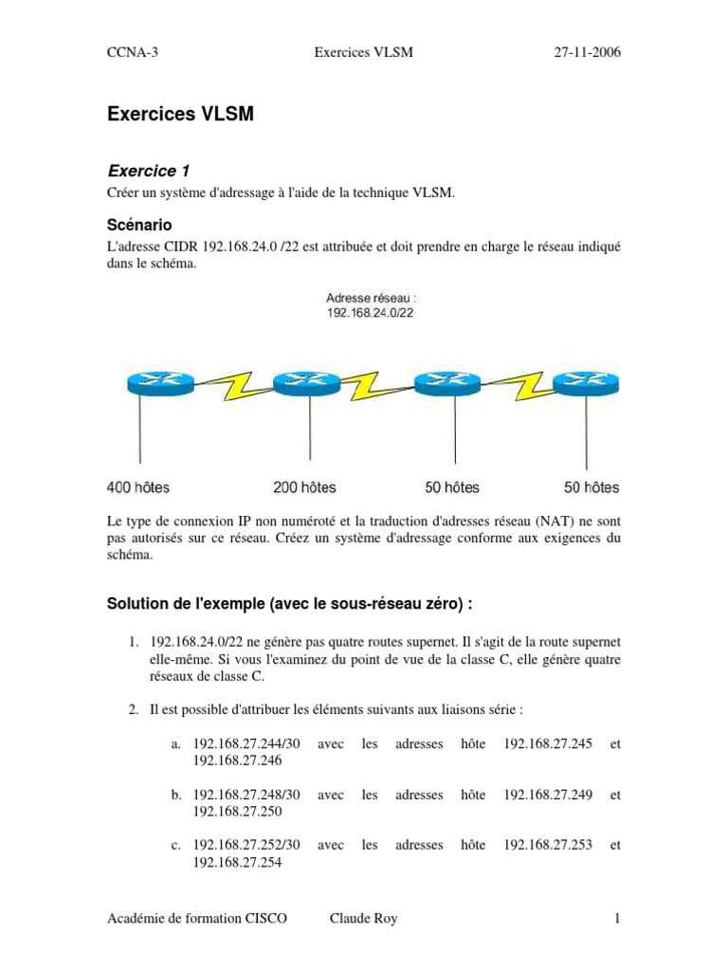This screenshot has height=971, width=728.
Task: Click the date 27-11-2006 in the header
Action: pos(588,52)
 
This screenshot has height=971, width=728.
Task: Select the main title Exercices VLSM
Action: pos(180,116)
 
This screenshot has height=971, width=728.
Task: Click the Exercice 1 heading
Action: pos(149,171)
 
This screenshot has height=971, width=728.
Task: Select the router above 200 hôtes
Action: pos(305,383)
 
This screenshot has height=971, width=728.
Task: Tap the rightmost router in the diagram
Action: pos(586,383)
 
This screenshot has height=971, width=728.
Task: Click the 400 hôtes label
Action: pos(138,487)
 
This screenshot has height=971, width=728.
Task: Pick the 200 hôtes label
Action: pos(304,487)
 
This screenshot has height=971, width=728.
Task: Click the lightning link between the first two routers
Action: pos(233,385)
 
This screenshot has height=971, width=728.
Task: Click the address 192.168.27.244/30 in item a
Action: pos(246,744)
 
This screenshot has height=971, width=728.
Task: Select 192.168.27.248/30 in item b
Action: pos(246,795)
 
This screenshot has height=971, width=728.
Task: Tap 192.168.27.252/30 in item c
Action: pos(246,845)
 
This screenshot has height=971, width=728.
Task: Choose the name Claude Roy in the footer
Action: pos(364,919)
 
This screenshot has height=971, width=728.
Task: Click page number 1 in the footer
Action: pos(616,919)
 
